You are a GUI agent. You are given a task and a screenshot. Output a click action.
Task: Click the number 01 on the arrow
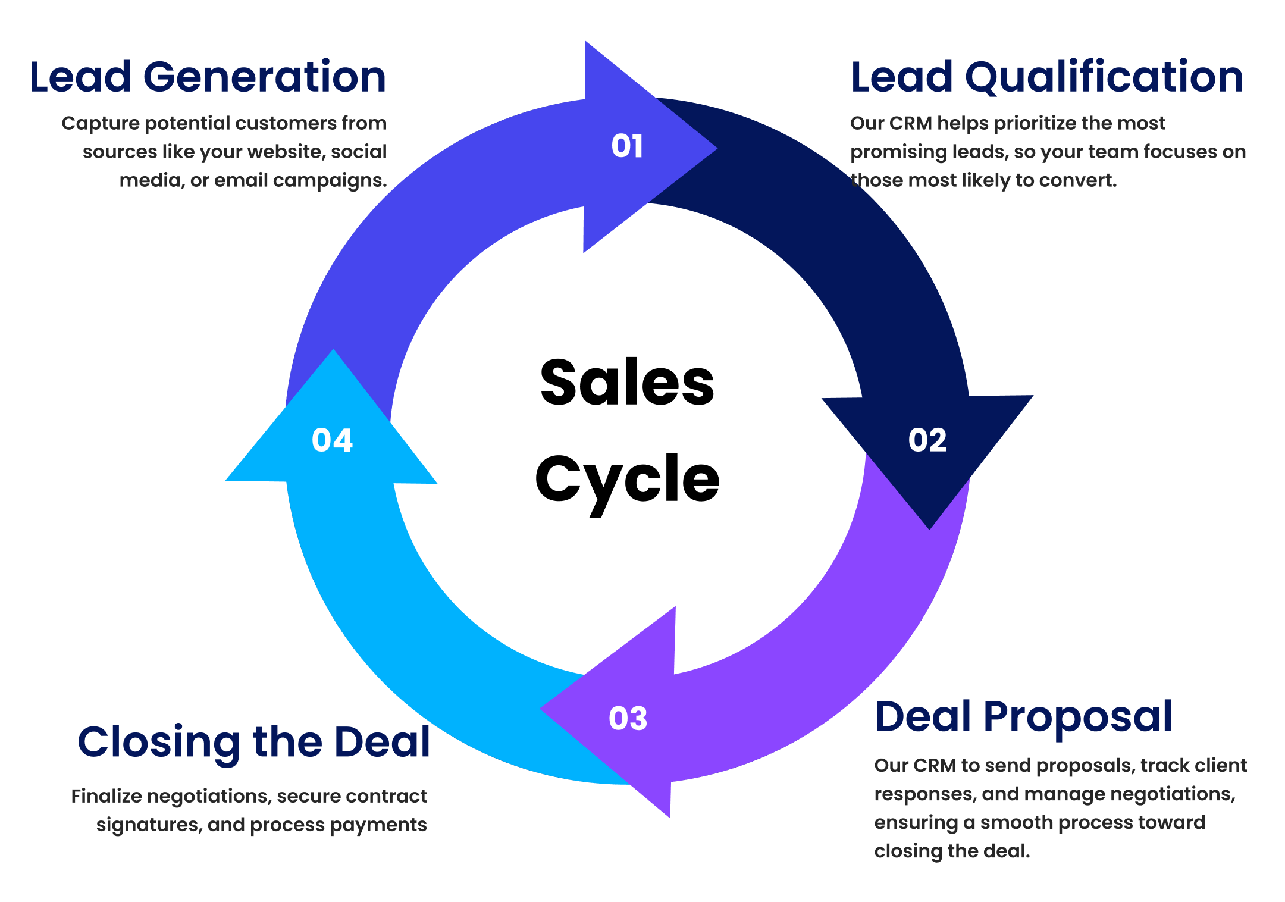pyautogui.click(x=627, y=146)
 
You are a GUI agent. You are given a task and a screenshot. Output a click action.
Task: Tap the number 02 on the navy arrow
pyautogui.click(x=927, y=441)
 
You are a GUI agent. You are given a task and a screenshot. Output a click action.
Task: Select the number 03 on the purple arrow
pyautogui.click(x=628, y=719)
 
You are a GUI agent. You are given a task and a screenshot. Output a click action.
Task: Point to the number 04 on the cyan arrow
pyautogui.click(x=332, y=441)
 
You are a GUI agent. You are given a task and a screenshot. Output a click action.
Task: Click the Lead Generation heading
pyautogui.click(x=208, y=77)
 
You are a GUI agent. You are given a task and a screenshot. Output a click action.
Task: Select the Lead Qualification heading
pyautogui.click(x=1047, y=77)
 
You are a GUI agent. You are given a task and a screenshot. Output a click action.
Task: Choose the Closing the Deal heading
pyautogui.click(x=254, y=743)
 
